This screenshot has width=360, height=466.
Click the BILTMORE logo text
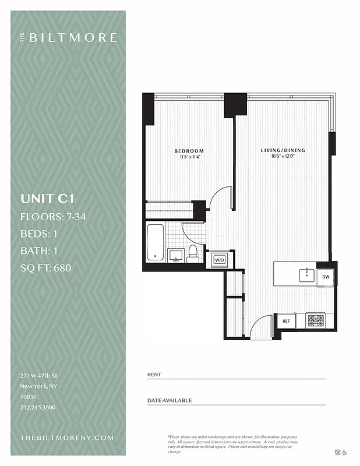click(x=72, y=38)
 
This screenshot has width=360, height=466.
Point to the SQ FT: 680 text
click(x=49, y=269)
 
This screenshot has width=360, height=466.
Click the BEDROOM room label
click(x=189, y=151)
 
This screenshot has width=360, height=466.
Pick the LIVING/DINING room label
click(x=283, y=150)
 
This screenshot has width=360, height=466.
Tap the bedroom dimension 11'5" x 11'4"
click(x=189, y=157)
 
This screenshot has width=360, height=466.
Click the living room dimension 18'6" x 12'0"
click(x=283, y=156)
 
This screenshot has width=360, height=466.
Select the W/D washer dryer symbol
click(x=220, y=259)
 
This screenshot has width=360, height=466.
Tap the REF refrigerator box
click(x=286, y=321)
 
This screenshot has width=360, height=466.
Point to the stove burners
click(x=315, y=320)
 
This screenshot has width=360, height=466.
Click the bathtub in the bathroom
click(x=155, y=241)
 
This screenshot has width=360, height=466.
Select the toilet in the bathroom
click(x=193, y=253)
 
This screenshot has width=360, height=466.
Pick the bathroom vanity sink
click(x=175, y=255)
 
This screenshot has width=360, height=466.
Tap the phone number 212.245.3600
click(x=38, y=407)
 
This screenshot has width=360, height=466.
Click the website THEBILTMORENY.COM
click(x=67, y=437)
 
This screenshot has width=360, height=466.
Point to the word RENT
click(x=154, y=375)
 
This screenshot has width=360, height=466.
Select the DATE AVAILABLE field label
click(x=170, y=401)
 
